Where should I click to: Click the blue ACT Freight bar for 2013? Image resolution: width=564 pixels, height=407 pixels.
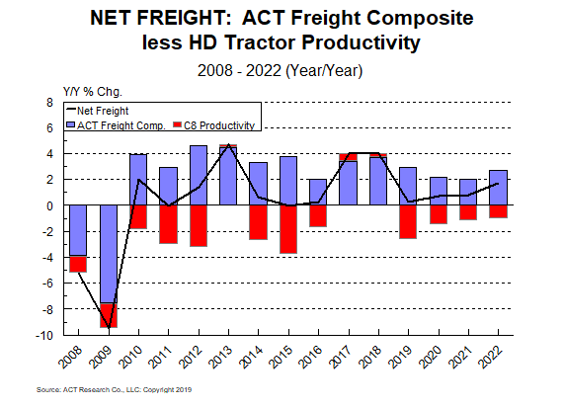pos(228,175)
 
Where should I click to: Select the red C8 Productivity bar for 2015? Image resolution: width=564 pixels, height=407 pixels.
pos(288,228)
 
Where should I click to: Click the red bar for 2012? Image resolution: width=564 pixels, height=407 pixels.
pos(199,225)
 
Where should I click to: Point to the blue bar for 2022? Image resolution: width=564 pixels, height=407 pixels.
pos(499,188)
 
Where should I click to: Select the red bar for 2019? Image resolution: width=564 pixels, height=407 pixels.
pos(408,221)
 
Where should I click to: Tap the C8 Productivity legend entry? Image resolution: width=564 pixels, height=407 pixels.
pos(213,125)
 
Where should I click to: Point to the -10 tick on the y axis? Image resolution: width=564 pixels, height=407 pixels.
pos(45,336)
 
